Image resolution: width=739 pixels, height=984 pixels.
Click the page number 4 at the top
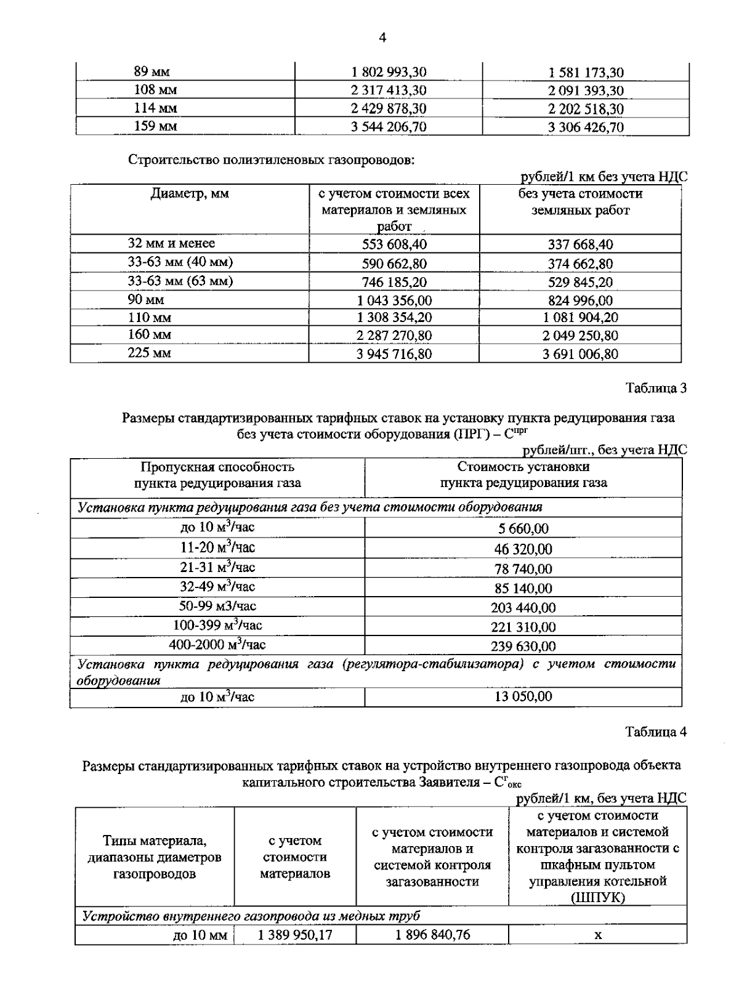click(x=382, y=38)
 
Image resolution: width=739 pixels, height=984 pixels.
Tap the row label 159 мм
click(x=156, y=127)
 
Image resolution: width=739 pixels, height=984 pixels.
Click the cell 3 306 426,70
click(x=586, y=127)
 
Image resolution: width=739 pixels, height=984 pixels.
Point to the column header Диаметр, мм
click(x=190, y=194)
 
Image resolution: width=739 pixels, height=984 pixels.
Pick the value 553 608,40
click(x=394, y=244)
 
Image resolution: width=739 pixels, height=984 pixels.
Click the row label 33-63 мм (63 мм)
click(x=180, y=281)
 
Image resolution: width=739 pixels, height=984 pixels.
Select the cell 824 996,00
click(x=580, y=300)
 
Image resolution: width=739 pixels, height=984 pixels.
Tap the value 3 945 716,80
click(x=394, y=354)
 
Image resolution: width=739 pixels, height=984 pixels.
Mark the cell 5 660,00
click(x=523, y=529)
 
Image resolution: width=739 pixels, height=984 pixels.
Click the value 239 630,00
click(x=523, y=646)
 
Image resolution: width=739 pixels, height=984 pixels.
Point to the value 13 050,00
click(x=523, y=696)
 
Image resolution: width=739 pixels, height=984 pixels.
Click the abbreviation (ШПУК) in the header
click(x=597, y=898)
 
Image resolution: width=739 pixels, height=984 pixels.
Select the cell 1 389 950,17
click(x=295, y=935)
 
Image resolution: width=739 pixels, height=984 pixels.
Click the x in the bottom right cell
click(x=597, y=935)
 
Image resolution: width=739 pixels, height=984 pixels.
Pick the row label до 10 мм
click(x=200, y=936)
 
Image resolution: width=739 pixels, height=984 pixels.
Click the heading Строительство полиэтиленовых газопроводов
click(x=272, y=160)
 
